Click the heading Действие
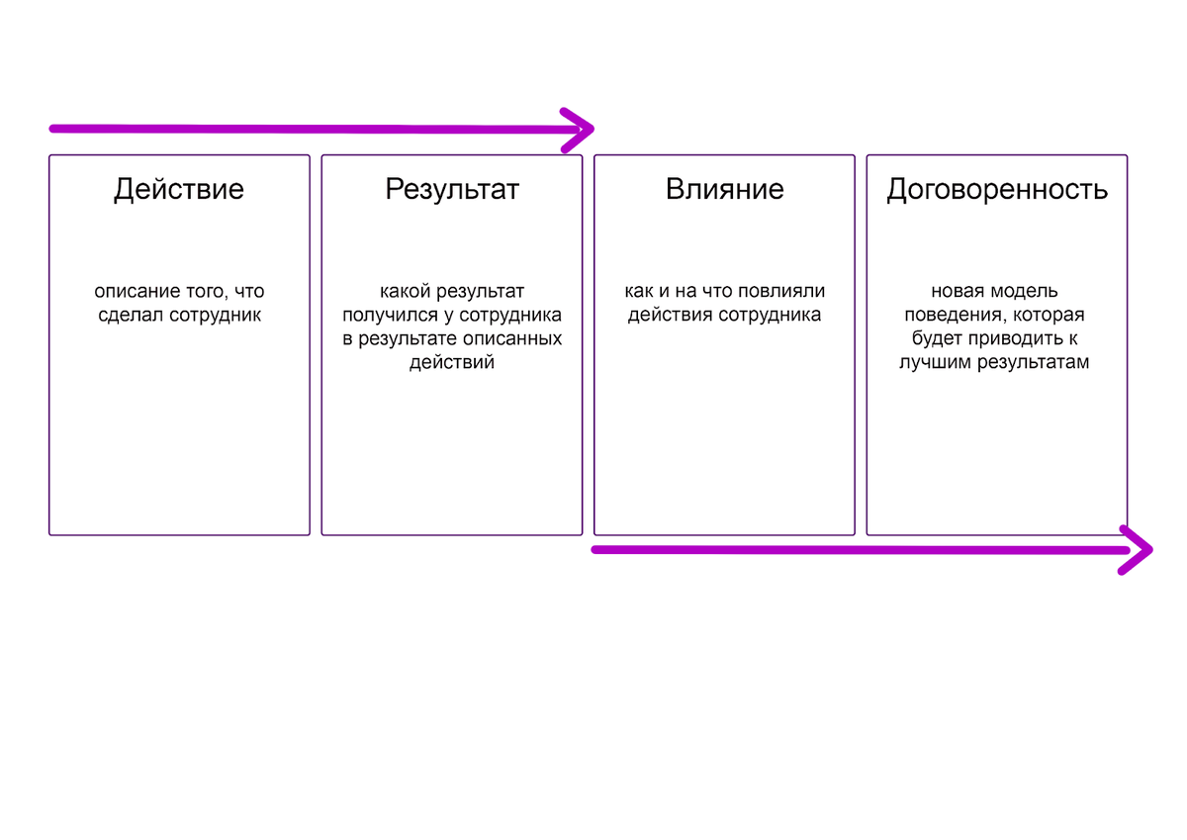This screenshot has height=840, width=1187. coord(179,189)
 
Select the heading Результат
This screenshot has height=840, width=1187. coord(452,189)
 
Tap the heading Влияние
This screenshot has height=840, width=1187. coord(724,189)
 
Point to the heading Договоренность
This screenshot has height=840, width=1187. coord(997,189)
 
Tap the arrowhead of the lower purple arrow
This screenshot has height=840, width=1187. coord(1141,550)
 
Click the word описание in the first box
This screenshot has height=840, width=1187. coord(134,292)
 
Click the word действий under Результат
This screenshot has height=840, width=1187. coord(452,363)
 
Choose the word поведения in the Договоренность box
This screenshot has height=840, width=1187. coord(946,317)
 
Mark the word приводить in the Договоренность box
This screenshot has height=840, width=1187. coord(1028,339)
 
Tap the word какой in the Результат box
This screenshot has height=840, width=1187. coord(402,292)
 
